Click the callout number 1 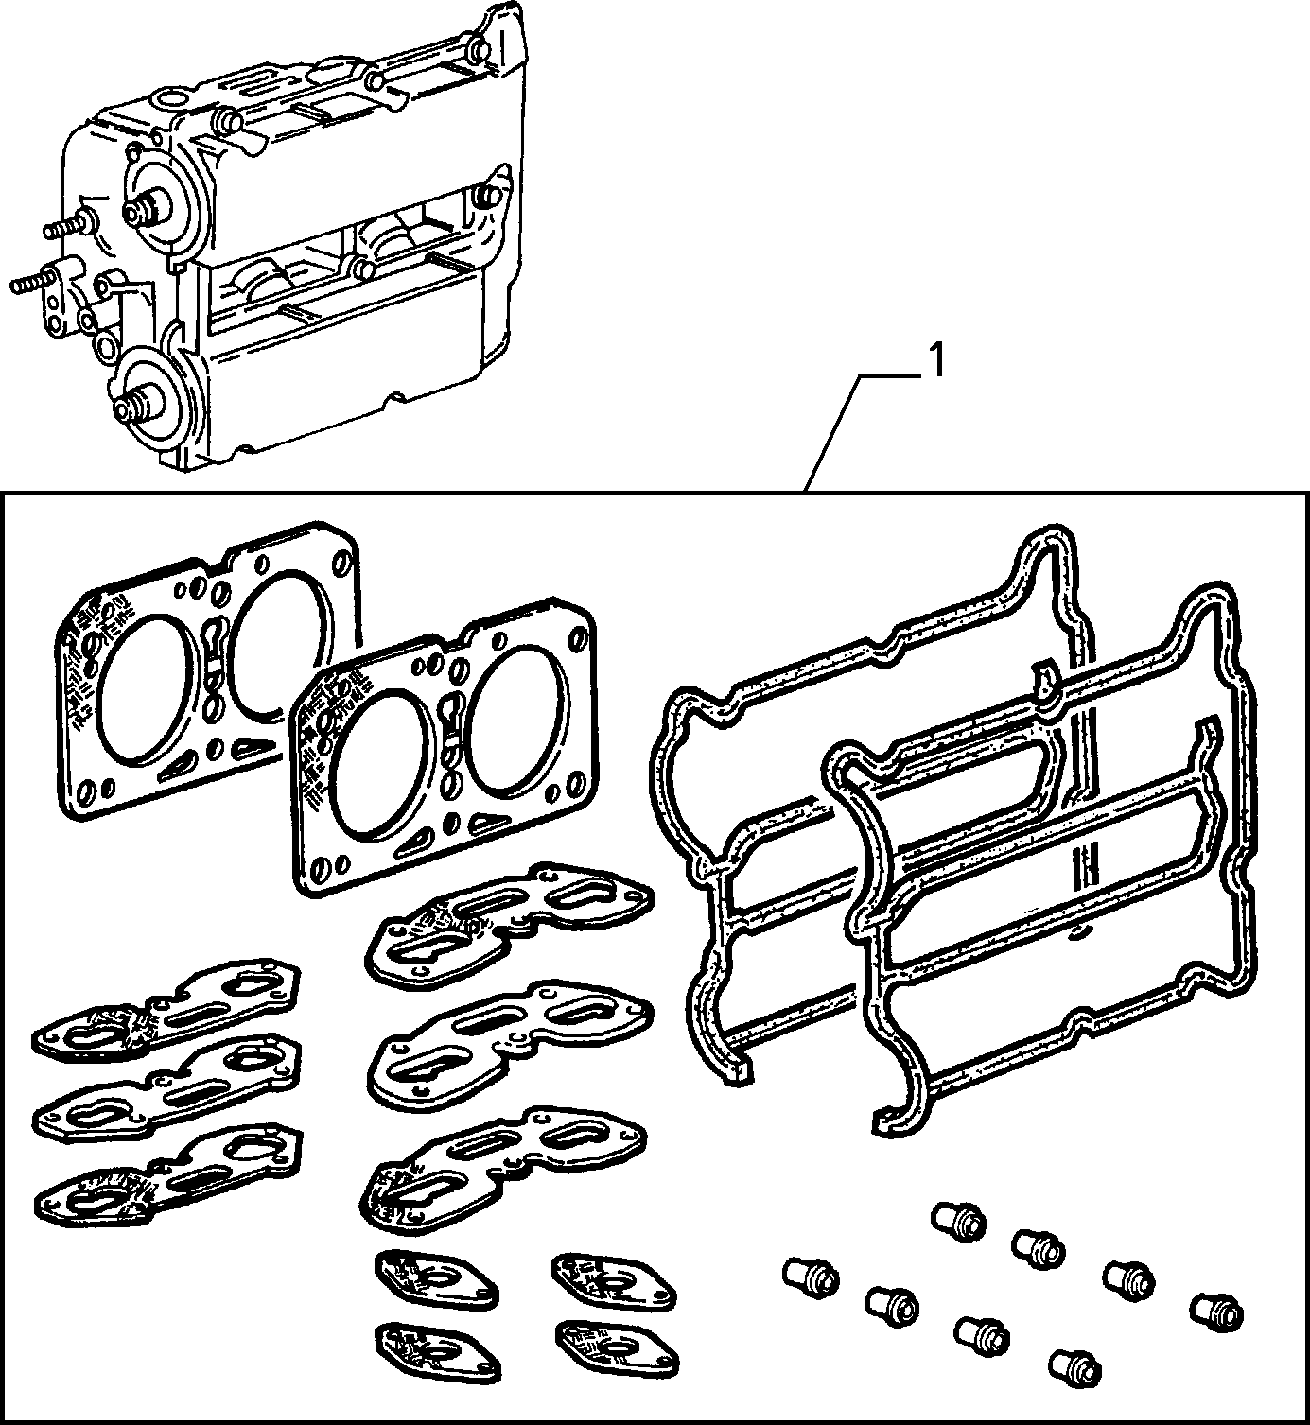938,361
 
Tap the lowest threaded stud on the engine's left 32,283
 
